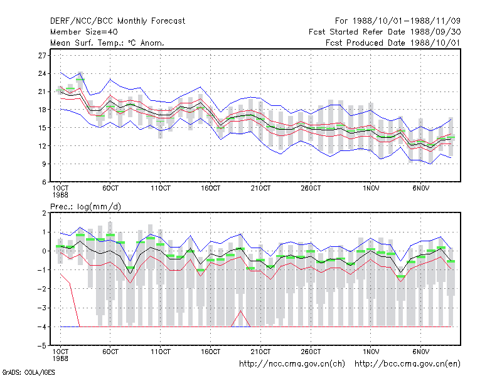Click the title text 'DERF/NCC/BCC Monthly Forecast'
[117, 21]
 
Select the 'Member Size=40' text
[84, 32]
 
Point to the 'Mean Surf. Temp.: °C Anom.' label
[107, 43]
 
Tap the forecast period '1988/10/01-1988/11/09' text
[406, 21]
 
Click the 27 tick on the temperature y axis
[42, 56]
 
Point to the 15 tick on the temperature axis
[42, 128]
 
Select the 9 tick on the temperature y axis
[44, 164]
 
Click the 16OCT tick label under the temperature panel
[210, 189]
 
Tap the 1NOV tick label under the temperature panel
[371, 189]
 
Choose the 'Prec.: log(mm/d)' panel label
[85, 207]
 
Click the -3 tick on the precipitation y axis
[42, 308]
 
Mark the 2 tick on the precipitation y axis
[44, 213]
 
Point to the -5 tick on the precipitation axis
[42, 346]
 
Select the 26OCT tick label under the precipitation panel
[311, 352]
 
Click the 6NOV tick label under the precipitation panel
[420, 352]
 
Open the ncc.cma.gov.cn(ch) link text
[292, 364]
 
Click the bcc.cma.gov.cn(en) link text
[407, 364]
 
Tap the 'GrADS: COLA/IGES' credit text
[29, 372]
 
